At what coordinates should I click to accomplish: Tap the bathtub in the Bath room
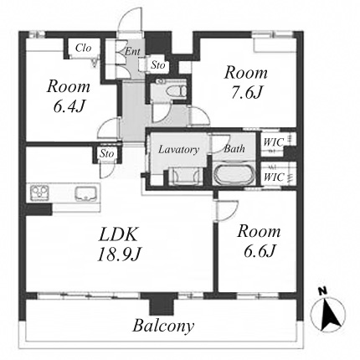point(234,175)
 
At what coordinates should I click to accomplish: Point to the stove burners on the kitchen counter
point(39,193)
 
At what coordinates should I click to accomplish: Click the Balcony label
point(163,326)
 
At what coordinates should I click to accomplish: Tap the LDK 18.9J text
point(118,244)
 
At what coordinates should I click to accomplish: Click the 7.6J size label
point(246,93)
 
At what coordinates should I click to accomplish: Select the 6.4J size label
point(69,106)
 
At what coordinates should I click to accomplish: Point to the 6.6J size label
point(260,251)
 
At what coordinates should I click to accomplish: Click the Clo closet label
point(84,48)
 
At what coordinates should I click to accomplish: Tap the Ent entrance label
point(132,51)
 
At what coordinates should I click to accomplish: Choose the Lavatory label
point(178,150)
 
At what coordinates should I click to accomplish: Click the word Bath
point(234,148)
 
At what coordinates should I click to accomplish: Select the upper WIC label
point(274,142)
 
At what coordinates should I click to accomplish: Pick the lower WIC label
point(274,177)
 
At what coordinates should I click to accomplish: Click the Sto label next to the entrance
point(158,65)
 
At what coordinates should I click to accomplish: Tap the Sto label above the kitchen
point(107,153)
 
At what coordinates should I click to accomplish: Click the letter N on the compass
point(322,291)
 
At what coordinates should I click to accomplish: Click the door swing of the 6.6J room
point(227,210)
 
